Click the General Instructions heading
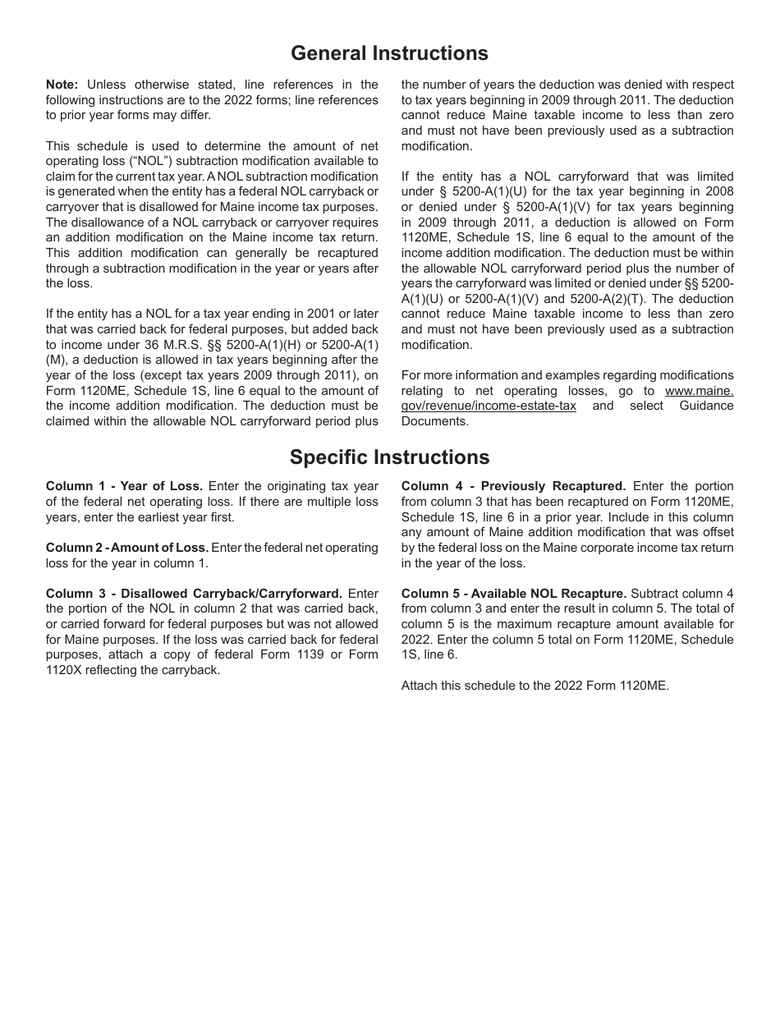click(389, 53)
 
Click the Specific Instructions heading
click(389, 457)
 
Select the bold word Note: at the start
click(62, 85)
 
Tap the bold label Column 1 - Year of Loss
click(124, 486)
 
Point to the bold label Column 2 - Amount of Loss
click(127, 548)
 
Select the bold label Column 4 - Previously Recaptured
click(513, 486)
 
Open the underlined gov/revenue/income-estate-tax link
click(489, 406)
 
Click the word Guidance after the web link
click(706, 406)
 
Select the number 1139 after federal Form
click(296, 654)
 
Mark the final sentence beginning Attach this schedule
click(535, 686)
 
